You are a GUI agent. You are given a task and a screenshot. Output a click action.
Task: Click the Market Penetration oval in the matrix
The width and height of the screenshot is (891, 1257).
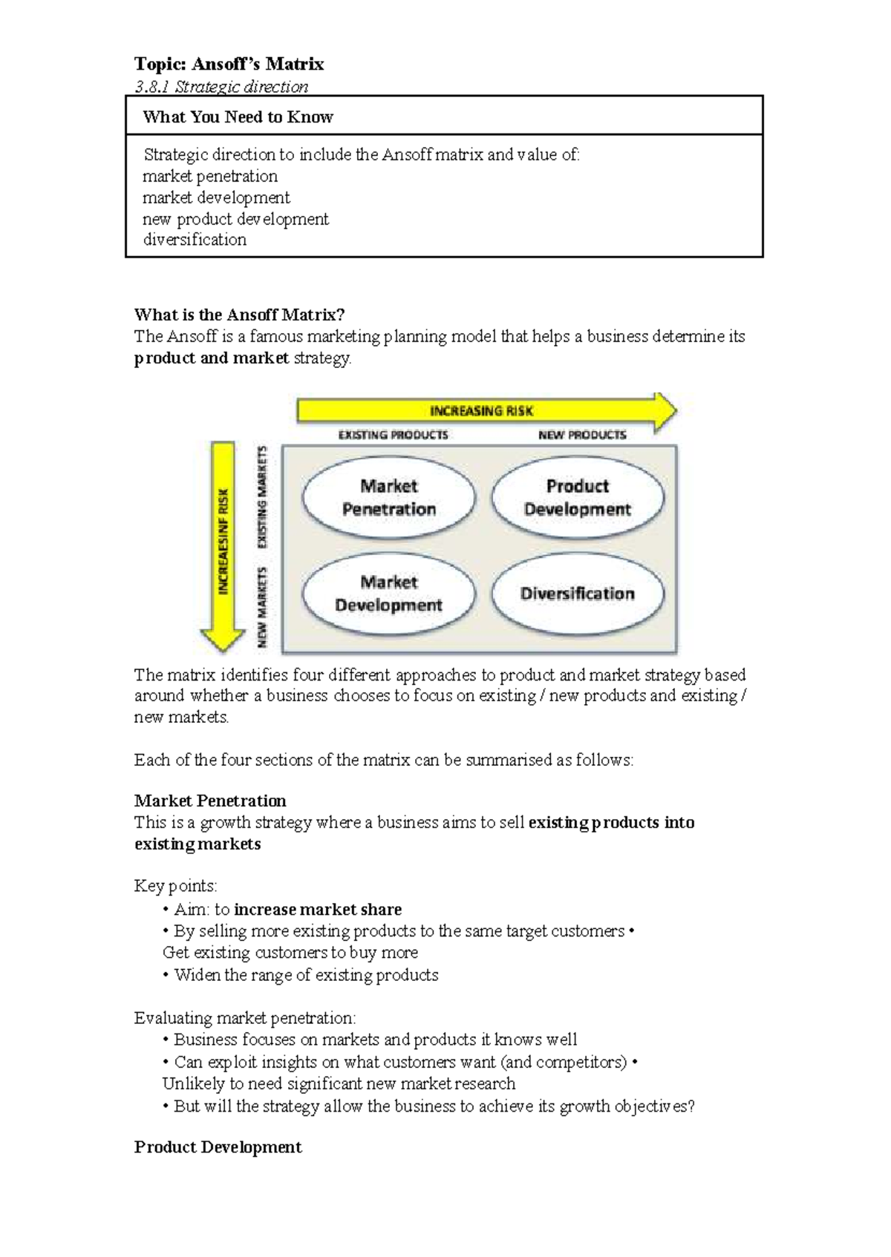pos(388,497)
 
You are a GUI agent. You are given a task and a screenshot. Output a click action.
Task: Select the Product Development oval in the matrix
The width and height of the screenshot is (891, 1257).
pos(578,497)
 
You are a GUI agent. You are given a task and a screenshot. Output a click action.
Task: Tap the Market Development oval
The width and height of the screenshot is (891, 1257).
pos(388,594)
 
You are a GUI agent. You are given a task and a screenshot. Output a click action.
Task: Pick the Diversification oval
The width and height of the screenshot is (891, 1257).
pos(578,594)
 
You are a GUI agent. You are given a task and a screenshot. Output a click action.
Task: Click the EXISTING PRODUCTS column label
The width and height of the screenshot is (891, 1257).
pos(393,435)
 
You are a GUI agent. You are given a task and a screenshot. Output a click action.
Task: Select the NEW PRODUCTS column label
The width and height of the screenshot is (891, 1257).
pos(582,435)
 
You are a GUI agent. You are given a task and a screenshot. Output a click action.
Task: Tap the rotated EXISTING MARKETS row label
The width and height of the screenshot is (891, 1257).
pos(262,496)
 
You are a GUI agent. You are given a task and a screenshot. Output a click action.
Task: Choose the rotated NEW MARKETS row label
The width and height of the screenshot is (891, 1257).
pos(262,608)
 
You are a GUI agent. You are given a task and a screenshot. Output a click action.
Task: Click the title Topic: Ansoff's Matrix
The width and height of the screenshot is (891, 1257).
pos(229,64)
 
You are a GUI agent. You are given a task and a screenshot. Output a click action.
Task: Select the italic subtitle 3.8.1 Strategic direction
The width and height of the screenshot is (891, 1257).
pos(221,87)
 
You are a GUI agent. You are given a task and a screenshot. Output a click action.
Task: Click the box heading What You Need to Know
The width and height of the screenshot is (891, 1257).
pos(238,116)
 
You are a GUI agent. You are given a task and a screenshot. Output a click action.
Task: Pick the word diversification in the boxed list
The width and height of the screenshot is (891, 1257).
pos(195,240)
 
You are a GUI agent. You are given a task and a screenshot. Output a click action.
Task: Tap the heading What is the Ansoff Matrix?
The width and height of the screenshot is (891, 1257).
pos(239,315)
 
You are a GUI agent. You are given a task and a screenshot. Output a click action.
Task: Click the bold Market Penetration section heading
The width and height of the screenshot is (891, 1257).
pos(210,801)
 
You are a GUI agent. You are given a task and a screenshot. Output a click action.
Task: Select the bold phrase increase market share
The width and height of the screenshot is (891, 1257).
pos(318,909)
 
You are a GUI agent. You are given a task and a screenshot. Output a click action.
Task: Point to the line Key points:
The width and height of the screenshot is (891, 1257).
pos(175,886)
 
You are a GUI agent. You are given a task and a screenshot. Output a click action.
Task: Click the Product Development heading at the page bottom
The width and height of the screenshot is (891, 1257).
pos(218,1147)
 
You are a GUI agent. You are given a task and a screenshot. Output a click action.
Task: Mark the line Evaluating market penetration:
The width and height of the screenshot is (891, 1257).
pos(245,1018)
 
